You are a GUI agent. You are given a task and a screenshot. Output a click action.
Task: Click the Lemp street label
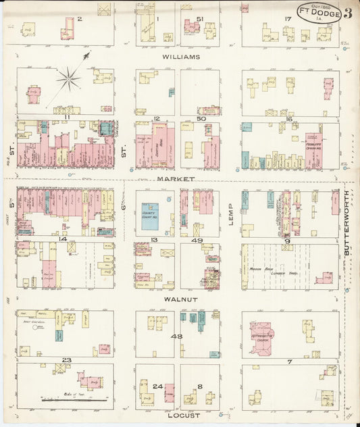tap(230, 214)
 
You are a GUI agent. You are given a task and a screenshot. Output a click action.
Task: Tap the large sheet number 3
tap(346, 13)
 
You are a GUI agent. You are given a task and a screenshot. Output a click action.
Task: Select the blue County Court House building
tap(150, 216)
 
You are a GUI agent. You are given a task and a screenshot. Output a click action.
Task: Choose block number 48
tap(177, 336)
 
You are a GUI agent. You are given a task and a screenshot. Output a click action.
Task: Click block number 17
tap(288, 18)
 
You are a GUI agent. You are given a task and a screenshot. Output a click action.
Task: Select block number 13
tap(154, 240)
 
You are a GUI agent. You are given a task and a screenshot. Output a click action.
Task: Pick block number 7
tap(289, 361)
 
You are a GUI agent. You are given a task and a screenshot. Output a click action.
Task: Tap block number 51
tap(199, 18)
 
